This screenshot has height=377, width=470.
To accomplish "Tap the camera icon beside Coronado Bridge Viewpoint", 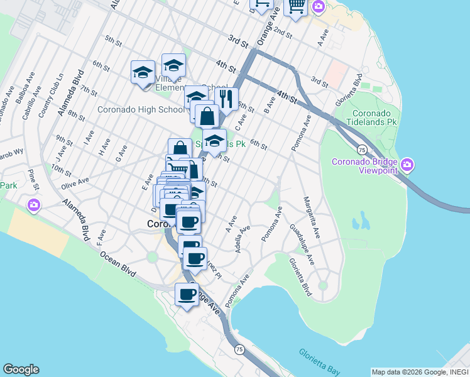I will click(408, 165).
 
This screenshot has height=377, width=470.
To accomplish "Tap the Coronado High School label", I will click(141, 109).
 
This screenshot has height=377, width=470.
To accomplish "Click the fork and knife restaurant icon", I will click(226, 99).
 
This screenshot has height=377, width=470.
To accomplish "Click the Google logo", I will click(21, 369).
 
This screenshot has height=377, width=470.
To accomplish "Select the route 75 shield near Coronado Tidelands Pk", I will click(361, 150).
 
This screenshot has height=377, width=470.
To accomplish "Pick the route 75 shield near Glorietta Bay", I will click(239, 349).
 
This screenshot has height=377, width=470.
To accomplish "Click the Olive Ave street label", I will click(74, 183).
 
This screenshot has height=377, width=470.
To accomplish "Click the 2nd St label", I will click(283, 33).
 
